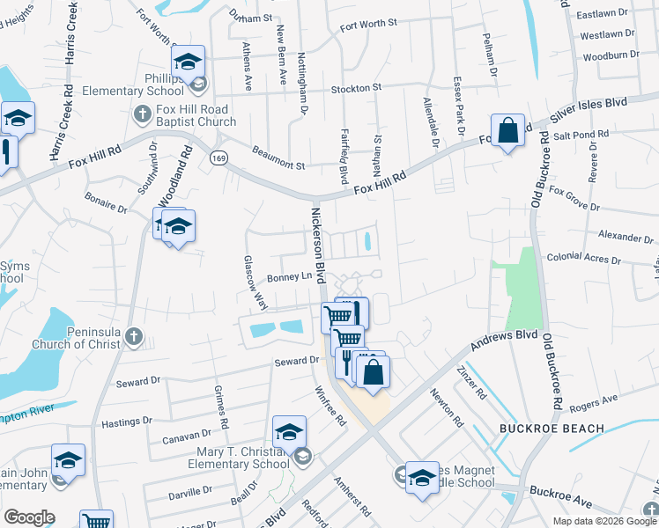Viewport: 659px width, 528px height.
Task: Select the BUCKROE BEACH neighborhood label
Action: (x=552, y=429)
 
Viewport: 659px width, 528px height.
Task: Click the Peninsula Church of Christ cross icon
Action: (x=133, y=335)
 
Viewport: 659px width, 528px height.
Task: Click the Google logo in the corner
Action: (x=29, y=517)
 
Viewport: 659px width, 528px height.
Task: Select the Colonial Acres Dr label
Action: (x=583, y=259)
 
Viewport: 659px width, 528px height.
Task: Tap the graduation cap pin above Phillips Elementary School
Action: (x=188, y=62)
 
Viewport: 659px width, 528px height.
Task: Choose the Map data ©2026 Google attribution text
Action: (x=603, y=521)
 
